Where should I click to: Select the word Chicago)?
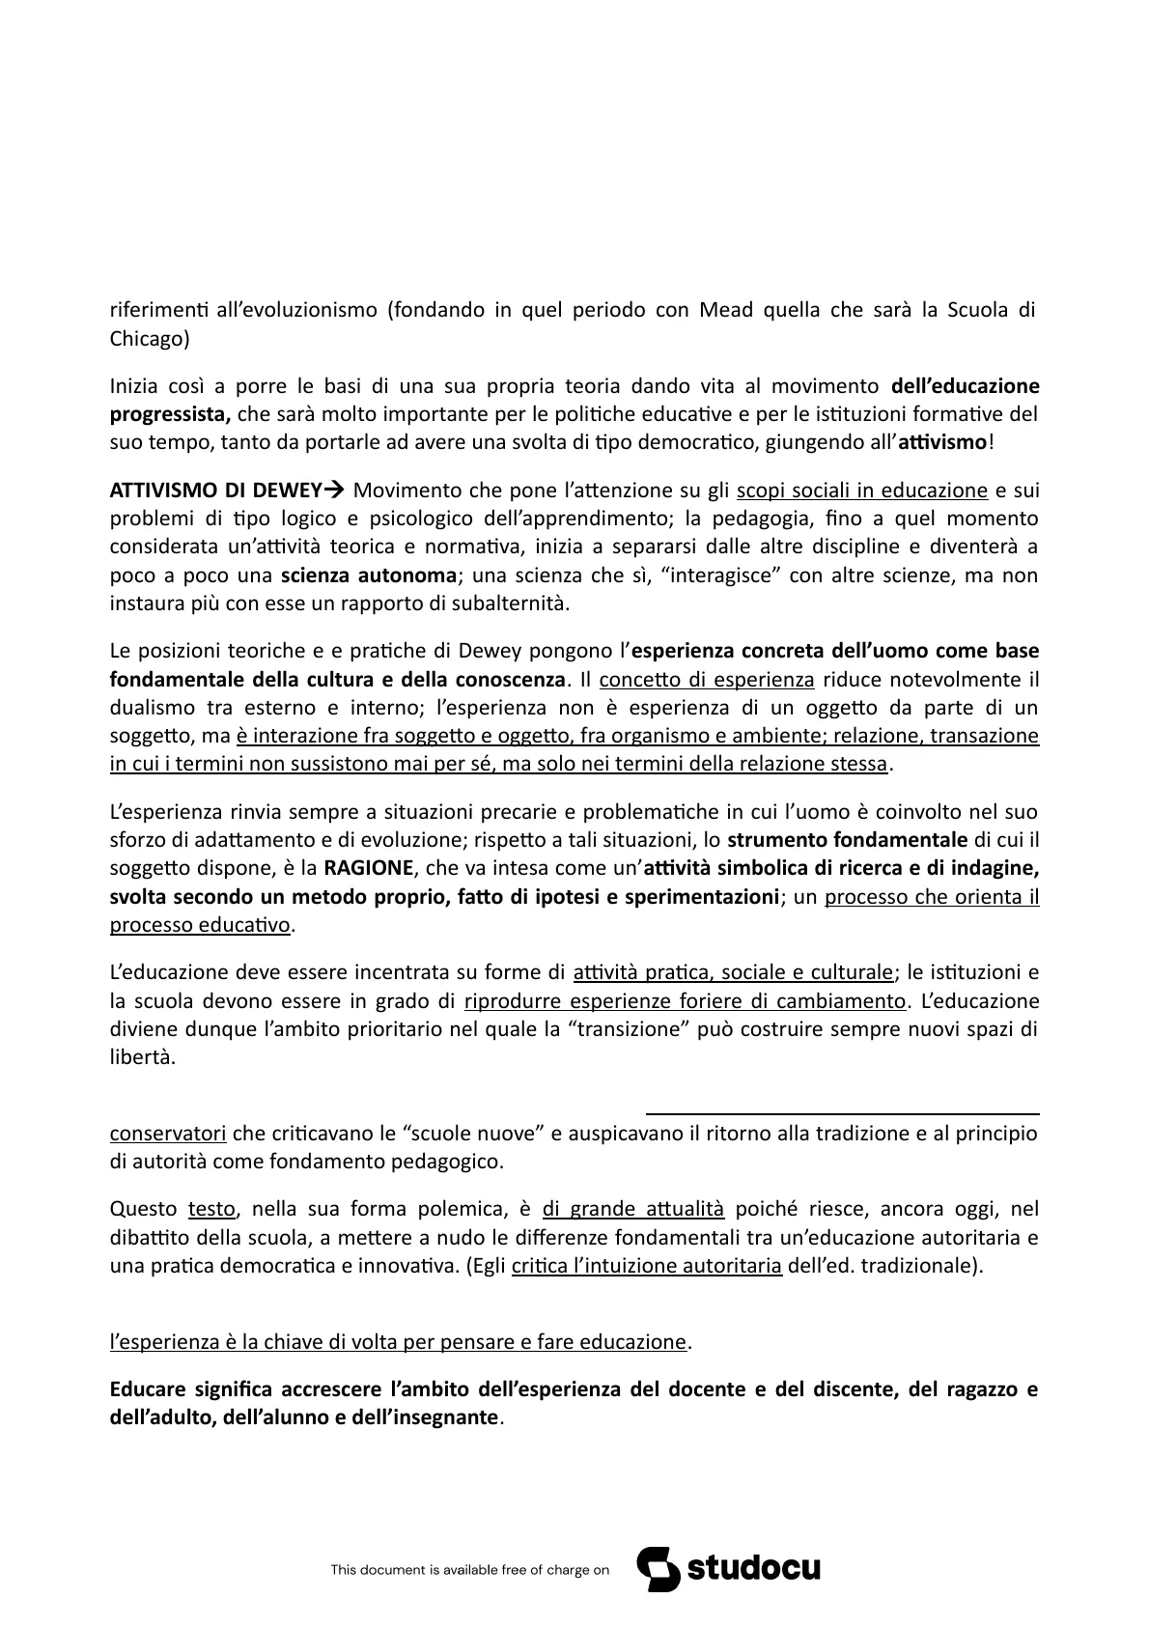tap(150, 339)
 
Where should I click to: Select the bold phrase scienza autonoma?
tap(369, 576)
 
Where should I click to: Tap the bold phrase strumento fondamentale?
tap(847, 839)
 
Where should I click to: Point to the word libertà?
tap(142, 1057)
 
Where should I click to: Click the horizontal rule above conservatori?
tap(842, 1113)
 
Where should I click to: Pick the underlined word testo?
tap(209, 1209)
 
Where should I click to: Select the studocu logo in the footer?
tap(728, 1569)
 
